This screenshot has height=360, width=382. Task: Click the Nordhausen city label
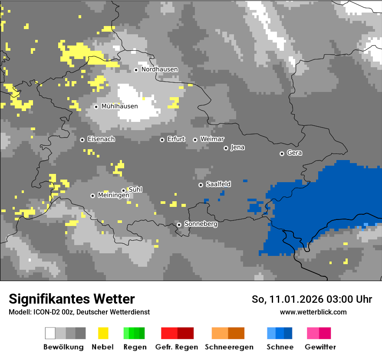point(159,69)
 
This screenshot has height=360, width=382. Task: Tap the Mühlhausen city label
point(119,106)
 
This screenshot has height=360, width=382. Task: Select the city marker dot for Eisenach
point(82,140)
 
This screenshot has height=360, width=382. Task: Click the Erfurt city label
point(176,139)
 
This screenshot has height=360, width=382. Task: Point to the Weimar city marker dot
point(195,140)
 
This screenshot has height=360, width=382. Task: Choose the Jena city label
point(237,147)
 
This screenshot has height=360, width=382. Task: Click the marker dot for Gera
point(282,154)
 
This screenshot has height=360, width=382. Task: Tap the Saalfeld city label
point(218,184)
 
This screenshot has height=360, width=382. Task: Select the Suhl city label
point(135,190)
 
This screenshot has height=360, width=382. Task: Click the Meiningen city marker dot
point(92,196)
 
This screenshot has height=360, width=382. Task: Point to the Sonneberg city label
point(201,224)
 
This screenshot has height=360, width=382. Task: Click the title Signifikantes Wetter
point(72,299)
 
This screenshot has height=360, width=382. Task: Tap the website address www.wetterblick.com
point(313,312)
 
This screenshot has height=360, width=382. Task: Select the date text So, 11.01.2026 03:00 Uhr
point(312,299)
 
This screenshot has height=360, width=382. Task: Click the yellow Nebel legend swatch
point(103,333)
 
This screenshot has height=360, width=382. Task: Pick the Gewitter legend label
point(320,347)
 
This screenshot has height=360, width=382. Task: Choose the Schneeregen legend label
point(229,347)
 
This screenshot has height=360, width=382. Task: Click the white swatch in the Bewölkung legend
point(50,333)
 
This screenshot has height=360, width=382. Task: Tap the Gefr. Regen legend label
point(176,347)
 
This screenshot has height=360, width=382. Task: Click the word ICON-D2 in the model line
point(46,312)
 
